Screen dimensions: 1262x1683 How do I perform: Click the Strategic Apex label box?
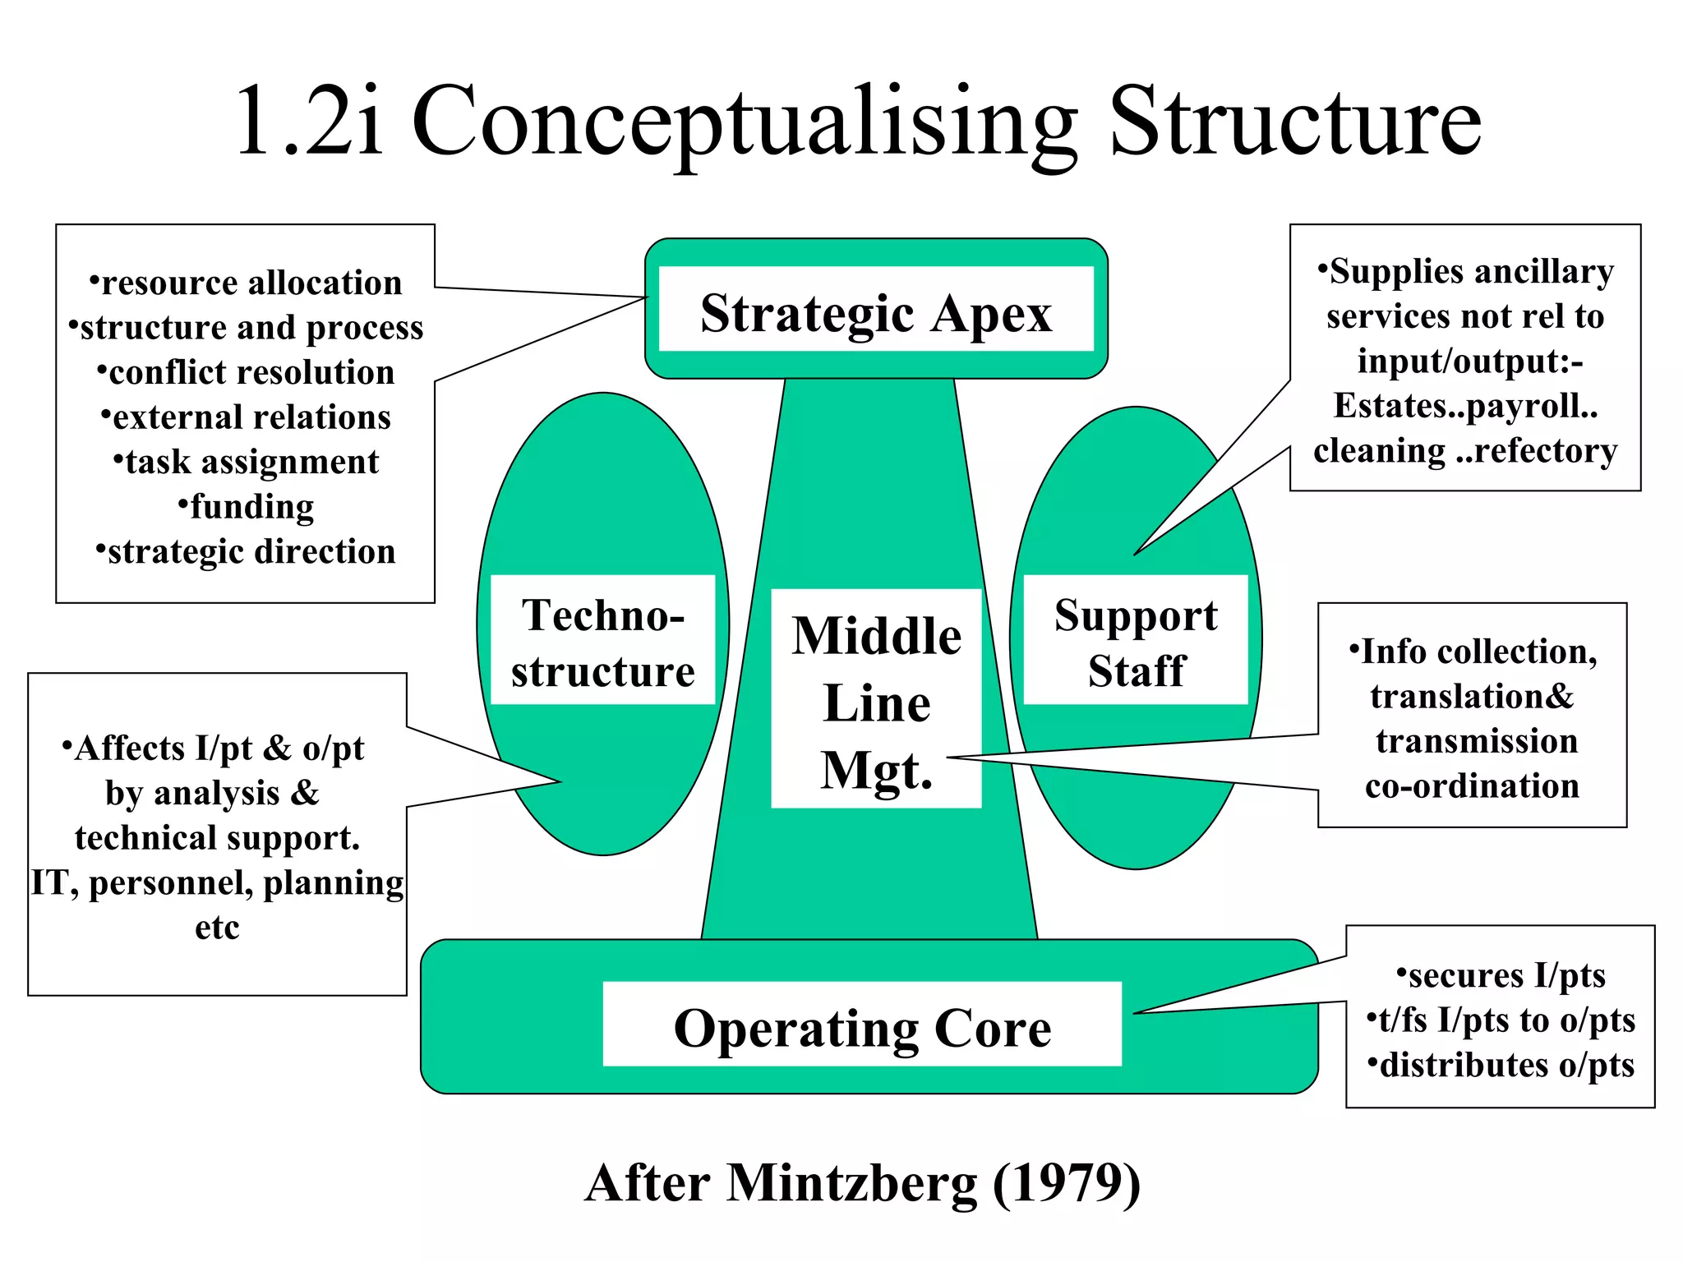click(876, 313)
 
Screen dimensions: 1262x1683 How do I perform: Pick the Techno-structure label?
click(602, 642)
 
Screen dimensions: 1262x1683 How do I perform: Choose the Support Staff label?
click(1136, 642)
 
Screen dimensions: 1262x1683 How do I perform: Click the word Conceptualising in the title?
click(744, 123)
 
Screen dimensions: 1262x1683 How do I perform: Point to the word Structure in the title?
click(1295, 123)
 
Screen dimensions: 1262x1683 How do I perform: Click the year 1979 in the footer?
click(1067, 1184)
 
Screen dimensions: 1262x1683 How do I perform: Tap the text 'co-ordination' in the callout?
click(1472, 786)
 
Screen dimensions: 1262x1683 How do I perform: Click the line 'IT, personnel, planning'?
click(218, 883)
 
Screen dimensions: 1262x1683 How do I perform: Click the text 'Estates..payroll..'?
click(1465, 406)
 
